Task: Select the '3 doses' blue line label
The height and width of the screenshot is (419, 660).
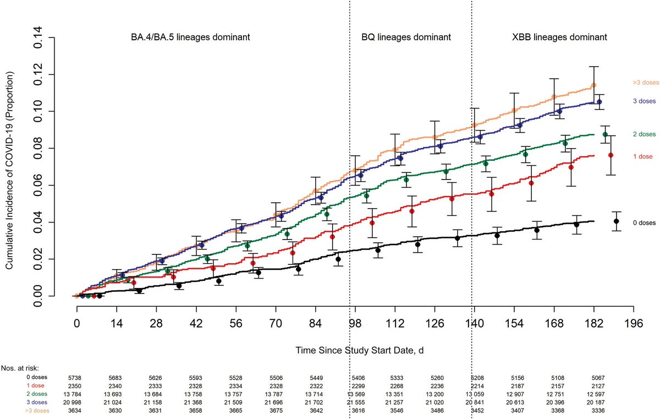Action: tap(643, 102)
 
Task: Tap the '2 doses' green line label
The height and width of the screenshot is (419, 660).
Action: tap(643, 134)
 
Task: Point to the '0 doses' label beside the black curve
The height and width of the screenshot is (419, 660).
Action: tap(643, 222)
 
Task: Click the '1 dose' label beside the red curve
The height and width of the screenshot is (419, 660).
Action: tap(641, 156)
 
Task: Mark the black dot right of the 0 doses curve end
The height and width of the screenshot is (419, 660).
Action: tap(617, 221)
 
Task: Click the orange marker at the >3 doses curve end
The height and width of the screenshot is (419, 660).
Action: tap(593, 85)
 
